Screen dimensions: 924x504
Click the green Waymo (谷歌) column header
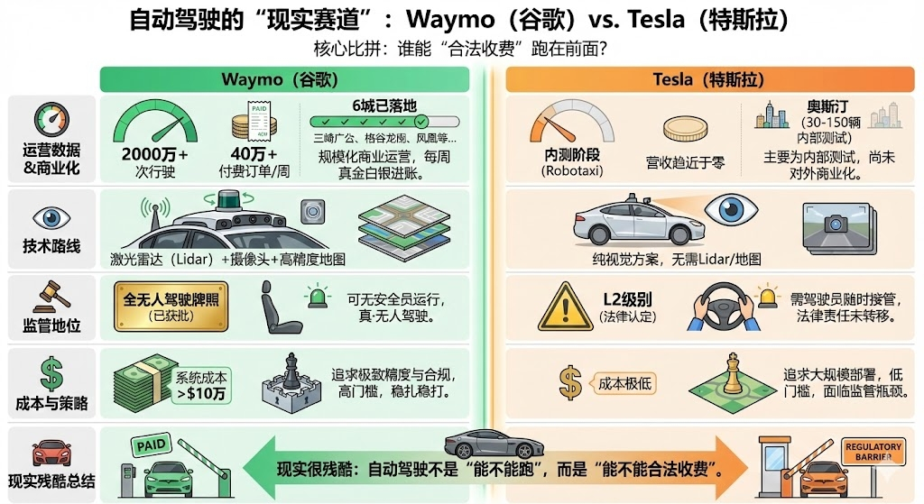point(284,80)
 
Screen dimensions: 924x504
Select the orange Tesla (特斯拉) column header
point(704,80)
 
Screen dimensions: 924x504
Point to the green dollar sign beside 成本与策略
point(51,373)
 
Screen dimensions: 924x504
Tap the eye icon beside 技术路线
point(51,218)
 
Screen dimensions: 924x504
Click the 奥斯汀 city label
point(828,105)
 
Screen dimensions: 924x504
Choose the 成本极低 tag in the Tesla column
point(624,383)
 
